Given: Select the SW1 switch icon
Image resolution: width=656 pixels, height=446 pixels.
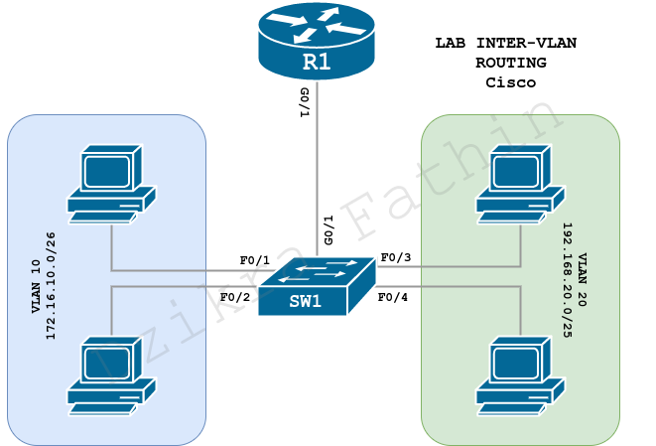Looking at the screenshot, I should tap(316, 287).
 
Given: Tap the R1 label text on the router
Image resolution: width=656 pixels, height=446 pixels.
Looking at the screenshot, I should tap(317, 64).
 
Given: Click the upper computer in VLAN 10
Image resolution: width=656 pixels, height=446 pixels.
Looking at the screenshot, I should tap(110, 184).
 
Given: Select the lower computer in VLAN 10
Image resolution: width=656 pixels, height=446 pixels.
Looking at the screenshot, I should tap(110, 375).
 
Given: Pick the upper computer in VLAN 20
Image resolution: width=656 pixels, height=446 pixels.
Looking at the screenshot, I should tap(519, 184).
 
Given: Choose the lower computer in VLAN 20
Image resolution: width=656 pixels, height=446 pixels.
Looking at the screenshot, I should tap(519, 375).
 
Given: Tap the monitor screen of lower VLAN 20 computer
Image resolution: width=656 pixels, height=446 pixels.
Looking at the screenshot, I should tap(515, 363).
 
